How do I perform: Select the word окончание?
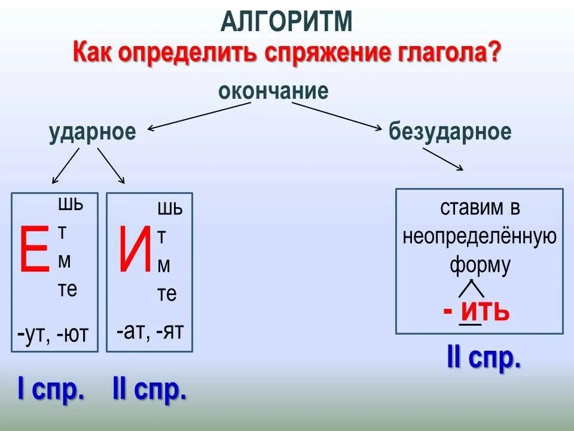[x=273, y=91]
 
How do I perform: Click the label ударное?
[x=93, y=132]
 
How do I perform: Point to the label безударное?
[x=450, y=132]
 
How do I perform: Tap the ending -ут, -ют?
[x=53, y=335]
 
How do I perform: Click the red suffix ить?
[x=484, y=311]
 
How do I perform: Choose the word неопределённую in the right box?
[x=480, y=237]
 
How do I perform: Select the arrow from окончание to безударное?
[x=337, y=115]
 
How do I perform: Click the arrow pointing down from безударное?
[x=443, y=160]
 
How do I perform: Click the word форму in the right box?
[x=480, y=265]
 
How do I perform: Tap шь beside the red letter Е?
[x=70, y=204]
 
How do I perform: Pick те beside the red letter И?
[x=167, y=294]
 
